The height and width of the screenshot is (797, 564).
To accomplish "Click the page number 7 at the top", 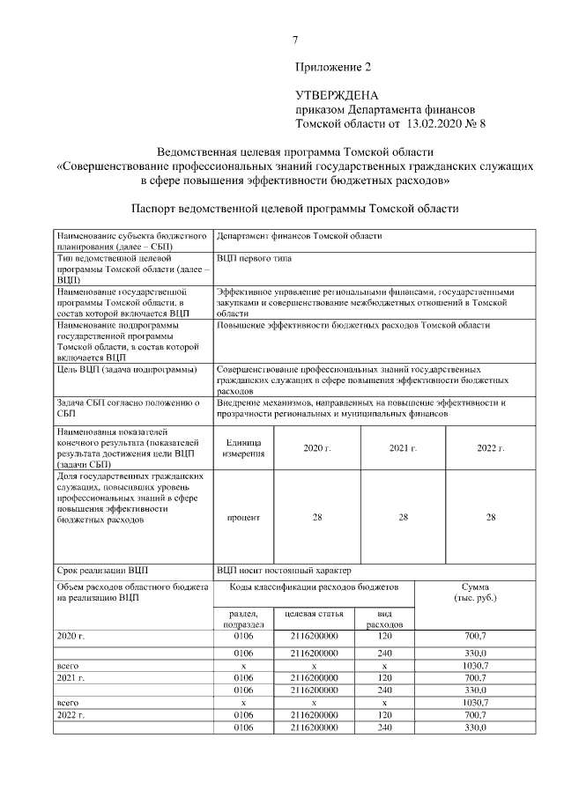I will (x=295, y=39).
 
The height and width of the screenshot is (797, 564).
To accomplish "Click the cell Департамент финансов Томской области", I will (x=299, y=237).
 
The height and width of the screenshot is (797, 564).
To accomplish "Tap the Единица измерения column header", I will (x=243, y=448).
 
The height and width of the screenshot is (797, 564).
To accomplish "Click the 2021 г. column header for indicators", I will (x=403, y=448).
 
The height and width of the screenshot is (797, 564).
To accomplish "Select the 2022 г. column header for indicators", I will (x=490, y=448).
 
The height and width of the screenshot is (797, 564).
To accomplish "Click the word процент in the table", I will (x=243, y=517).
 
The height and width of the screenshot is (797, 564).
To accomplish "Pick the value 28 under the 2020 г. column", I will (x=316, y=517).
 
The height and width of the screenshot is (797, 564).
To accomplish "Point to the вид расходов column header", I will (x=383, y=618).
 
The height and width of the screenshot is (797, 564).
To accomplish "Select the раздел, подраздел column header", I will (x=243, y=618).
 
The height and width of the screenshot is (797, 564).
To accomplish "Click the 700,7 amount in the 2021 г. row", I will (x=476, y=678).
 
